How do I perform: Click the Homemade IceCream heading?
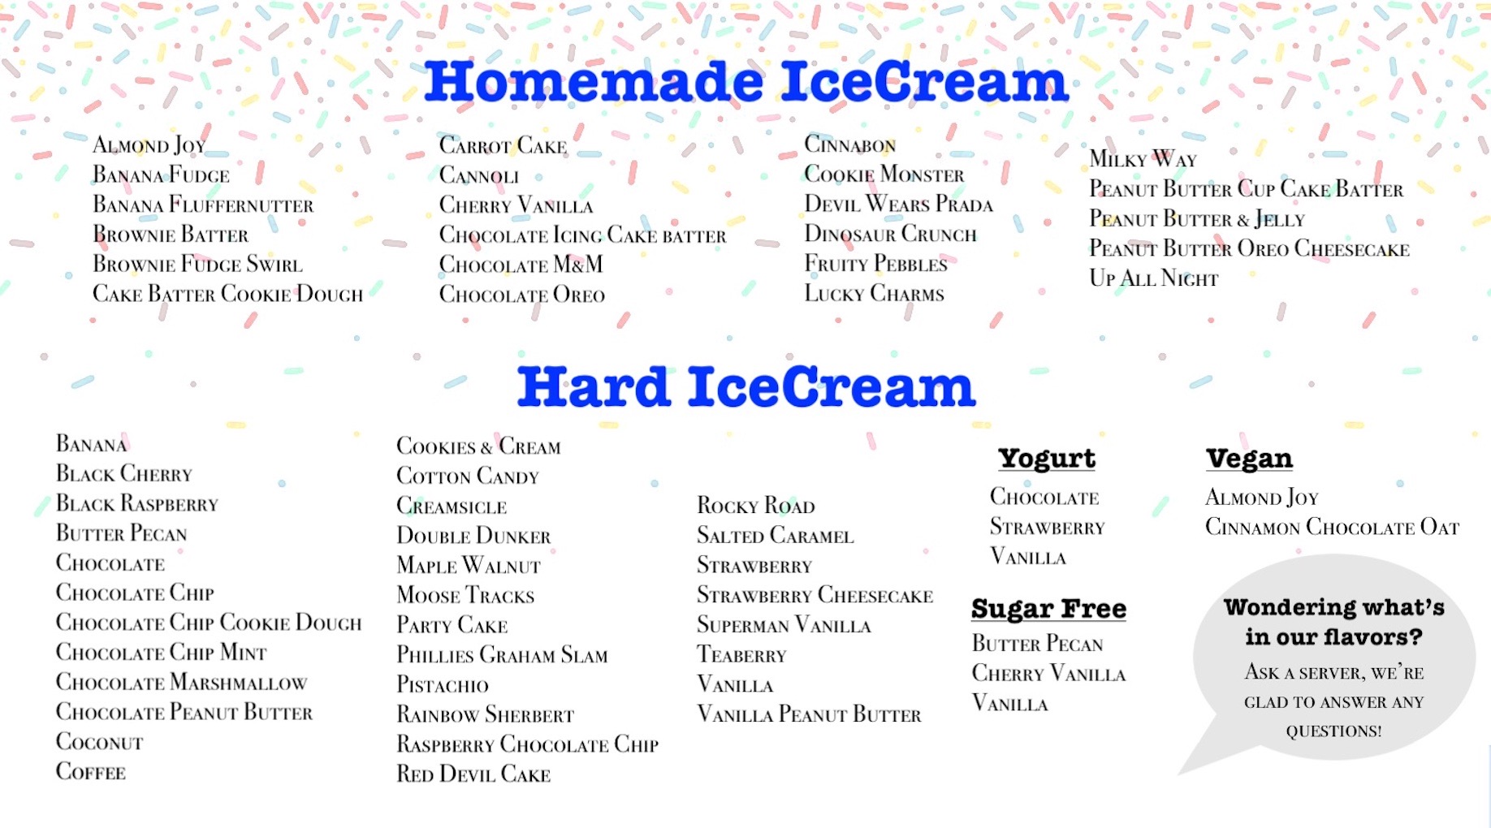pyautogui.click(x=746, y=82)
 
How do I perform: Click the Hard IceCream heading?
pyautogui.click(x=746, y=386)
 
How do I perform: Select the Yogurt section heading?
pyautogui.click(x=1047, y=459)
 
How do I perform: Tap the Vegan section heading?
pyautogui.click(x=1249, y=459)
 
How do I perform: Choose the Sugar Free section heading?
pyautogui.click(x=1048, y=608)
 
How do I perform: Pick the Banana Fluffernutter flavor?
pyautogui.click(x=203, y=205)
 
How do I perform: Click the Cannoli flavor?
pyautogui.click(x=479, y=175)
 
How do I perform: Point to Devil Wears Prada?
pyautogui.click(x=899, y=204)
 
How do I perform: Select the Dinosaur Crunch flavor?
pyautogui.click(x=891, y=234)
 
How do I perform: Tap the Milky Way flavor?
pyautogui.click(x=1143, y=159)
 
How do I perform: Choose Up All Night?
pyautogui.click(x=1154, y=278)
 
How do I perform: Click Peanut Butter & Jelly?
pyautogui.click(x=1197, y=219)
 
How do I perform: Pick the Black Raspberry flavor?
pyautogui.click(x=137, y=504)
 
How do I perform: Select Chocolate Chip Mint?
pyautogui.click(x=162, y=653)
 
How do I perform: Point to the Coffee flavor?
pyautogui.click(x=91, y=772)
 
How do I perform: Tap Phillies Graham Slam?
pyautogui.click(x=502, y=655)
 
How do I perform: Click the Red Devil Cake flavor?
pyautogui.click(x=473, y=774)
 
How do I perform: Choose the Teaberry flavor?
pyautogui.click(x=742, y=655)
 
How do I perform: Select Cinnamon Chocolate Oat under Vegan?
pyautogui.click(x=1333, y=528)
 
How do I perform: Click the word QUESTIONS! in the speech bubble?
pyautogui.click(x=1333, y=731)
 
